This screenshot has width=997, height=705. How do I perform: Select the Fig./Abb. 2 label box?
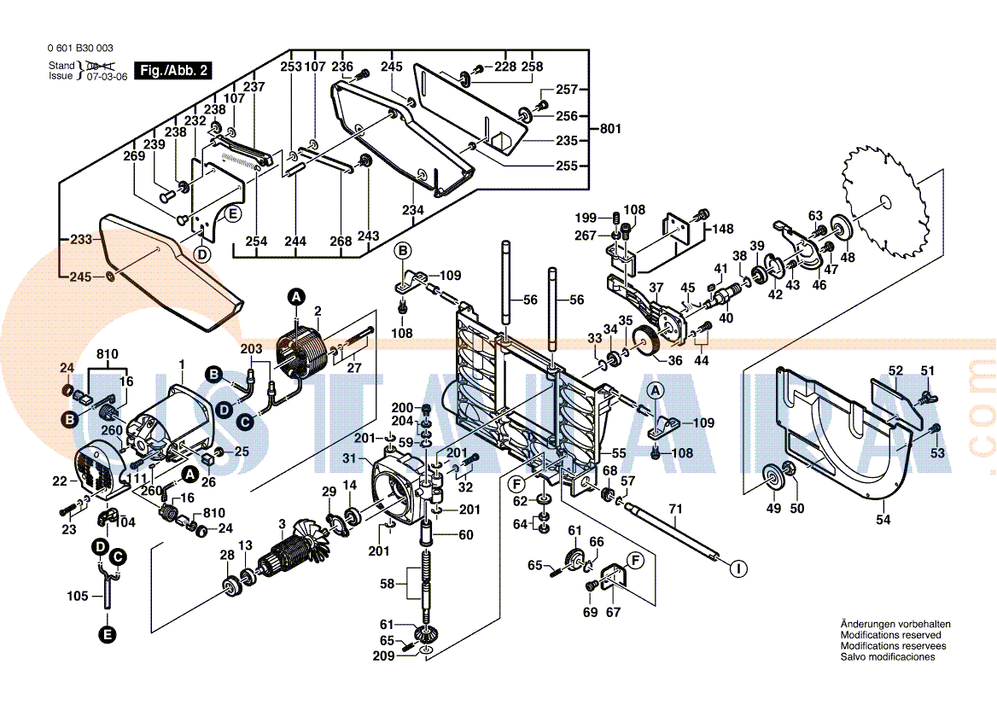pyautogui.click(x=174, y=71)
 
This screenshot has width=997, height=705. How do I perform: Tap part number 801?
pyautogui.click(x=610, y=129)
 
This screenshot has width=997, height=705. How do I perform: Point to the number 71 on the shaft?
pyautogui.click(x=675, y=510)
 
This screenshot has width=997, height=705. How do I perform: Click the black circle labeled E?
pyautogui.click(x=107, y=634)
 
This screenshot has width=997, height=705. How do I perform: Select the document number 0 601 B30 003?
pyautogui.click(x=81, y=49)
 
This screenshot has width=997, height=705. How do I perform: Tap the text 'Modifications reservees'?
pyautogui.click(x=891, y=646)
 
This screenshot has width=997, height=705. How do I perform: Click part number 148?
pyautogui.click(x=723, y=229)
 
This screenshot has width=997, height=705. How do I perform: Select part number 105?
pyautogui.click(x=78, y=596)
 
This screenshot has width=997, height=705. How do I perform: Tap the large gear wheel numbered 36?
pyautogui.click(x=651, y=343)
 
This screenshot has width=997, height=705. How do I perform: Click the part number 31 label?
pyautogui.click(x=348, y=459)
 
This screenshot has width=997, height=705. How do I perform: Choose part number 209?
pyautogui.click(x=383, y=656)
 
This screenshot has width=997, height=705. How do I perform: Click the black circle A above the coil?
pyautogui.click(x=296, y=297)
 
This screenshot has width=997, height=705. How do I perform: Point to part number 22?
pyautogui.click(x=59, y=481)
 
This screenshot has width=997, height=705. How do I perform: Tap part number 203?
pyautogui.click(x=251, y=349)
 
